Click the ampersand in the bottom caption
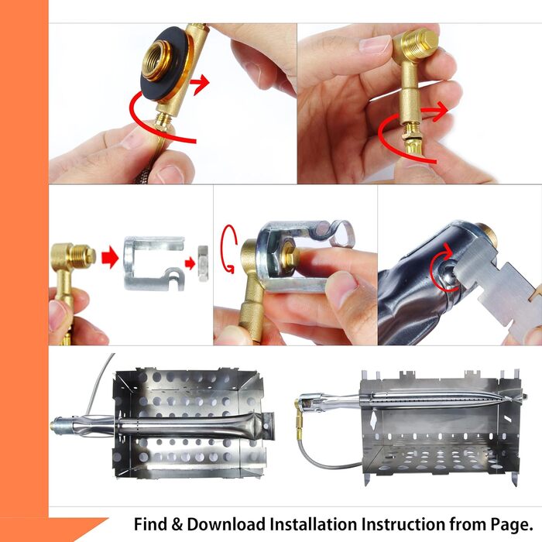177,524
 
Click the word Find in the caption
150,524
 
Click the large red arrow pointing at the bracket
110,258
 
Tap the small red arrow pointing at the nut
190,264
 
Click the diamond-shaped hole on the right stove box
373,421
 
